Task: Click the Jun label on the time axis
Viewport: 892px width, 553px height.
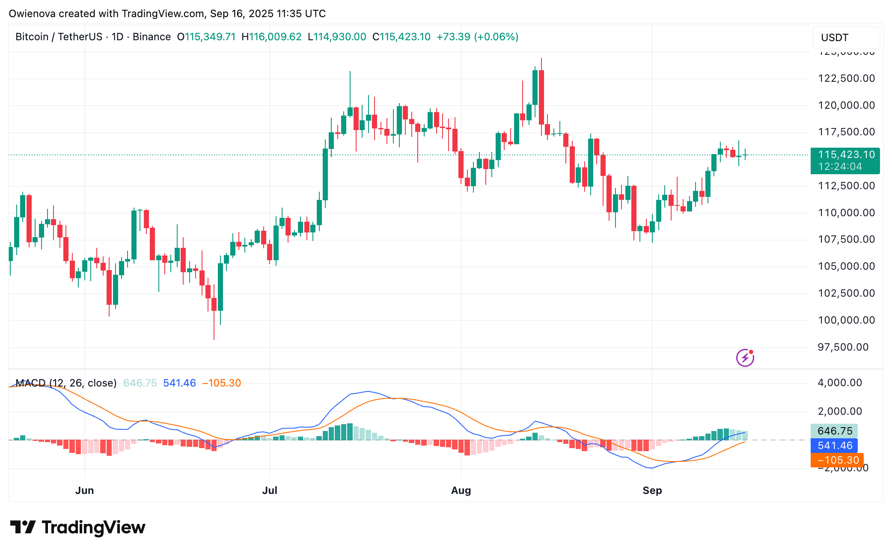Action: point(84,491)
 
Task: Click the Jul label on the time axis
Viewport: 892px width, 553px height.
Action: point(270,491)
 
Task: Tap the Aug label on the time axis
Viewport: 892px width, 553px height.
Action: point(461,491)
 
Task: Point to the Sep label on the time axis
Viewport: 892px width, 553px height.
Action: point(652,491)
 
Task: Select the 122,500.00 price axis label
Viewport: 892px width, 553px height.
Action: point(846,78)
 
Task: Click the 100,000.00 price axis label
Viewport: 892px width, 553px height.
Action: point(846,320)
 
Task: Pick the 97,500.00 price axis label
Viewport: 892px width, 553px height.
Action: point(843,347)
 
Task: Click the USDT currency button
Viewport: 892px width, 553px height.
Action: point(835,38)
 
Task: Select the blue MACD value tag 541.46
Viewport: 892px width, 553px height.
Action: point(834,446)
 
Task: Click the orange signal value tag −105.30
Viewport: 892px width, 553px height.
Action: point(838,460)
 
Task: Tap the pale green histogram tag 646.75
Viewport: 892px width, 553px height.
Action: point(834,431)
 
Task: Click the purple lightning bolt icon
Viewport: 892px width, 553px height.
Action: point(745,358)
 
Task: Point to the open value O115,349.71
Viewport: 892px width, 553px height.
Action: point(206,37)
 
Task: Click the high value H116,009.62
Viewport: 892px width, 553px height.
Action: point(271,37)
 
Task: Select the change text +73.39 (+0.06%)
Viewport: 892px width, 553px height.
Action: point(477,37)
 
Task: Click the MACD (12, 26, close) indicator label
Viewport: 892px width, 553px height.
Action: point(66,383)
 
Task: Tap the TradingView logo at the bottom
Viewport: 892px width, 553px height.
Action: point(77,527)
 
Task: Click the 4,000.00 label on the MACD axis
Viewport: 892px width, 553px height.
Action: point(840,383)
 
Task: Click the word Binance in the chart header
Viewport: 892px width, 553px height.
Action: point(152,37)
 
